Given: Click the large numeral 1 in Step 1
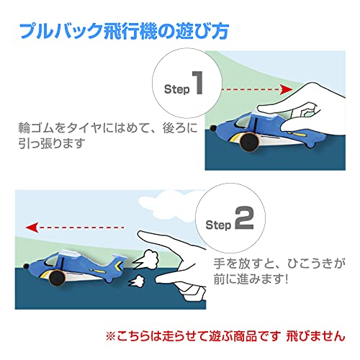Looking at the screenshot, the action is tap(198, 83).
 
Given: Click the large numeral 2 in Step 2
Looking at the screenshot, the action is tap(244, 218).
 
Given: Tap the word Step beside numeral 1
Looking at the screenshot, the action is tap(177, 89).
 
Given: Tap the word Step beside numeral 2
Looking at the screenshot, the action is tap(218, 225).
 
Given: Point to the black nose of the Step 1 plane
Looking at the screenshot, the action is tap(212, 128).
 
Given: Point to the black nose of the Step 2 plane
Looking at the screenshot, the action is tap(26, 266).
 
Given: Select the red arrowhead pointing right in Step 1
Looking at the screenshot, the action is tap(287, 89).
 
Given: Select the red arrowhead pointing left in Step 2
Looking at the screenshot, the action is tap(32, 228).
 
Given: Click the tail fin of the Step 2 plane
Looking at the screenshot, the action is tap(117, 264).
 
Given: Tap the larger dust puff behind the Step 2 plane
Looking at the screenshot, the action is tap(146, 260).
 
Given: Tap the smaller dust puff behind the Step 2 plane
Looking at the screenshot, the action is tap(136, 281).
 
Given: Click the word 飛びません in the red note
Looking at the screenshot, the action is tap(315, 336).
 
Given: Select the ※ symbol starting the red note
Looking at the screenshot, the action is tap(111, 336).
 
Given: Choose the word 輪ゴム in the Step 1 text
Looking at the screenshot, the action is tap(36, 127).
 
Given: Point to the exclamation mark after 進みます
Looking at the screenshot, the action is tap(285, 279).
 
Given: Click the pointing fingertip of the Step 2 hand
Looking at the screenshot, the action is tap(142, 234).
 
